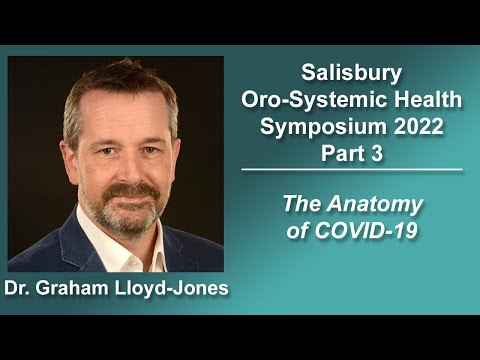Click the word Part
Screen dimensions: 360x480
pos(340,154)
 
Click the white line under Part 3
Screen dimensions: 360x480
pos(352,171)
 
